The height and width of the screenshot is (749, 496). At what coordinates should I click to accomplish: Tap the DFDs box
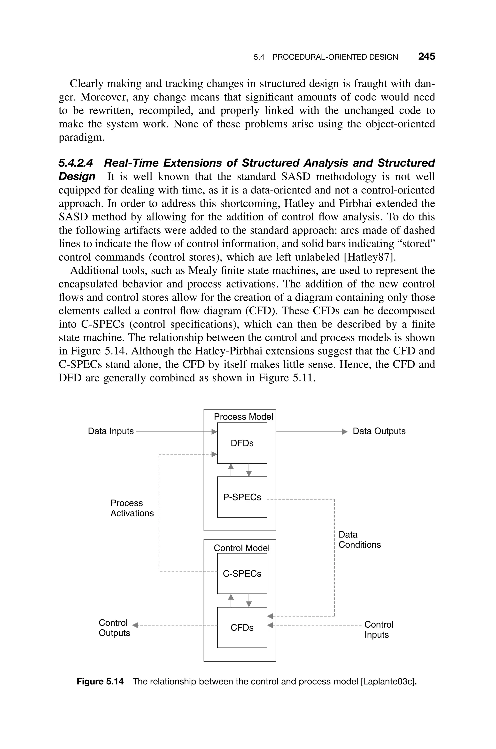242,443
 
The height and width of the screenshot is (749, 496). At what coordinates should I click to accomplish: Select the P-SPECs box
242,497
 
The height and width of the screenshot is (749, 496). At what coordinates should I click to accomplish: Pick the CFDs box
242,628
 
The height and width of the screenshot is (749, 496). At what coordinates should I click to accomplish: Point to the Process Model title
243,417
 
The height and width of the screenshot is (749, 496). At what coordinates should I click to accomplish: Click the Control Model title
242,548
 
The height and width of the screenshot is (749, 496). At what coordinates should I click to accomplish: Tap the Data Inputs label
111,431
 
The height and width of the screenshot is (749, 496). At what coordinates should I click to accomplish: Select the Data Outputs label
379,431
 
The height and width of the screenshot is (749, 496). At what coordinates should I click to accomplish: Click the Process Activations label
132,508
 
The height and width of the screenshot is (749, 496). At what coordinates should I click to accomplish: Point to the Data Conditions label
360,540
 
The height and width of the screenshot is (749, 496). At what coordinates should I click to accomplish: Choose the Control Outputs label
114,628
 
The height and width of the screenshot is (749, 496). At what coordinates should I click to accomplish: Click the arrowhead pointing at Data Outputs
345,432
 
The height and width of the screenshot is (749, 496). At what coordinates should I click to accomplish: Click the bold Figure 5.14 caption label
100,681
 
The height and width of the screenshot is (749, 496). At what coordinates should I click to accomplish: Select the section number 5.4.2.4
76,163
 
